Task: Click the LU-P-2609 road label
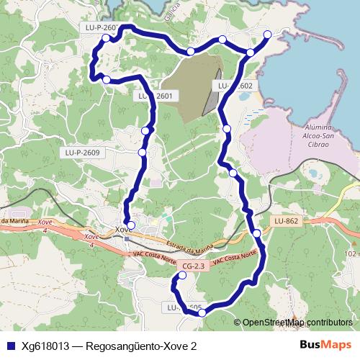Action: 81,153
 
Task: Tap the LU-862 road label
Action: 286,220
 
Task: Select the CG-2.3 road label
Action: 194,266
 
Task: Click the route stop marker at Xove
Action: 130,225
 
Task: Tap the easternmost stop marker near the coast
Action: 267,35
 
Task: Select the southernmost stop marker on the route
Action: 202,312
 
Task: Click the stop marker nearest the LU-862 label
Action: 256,233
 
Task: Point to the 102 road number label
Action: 351,254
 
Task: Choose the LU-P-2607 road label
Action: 99,27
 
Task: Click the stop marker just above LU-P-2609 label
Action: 143,152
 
